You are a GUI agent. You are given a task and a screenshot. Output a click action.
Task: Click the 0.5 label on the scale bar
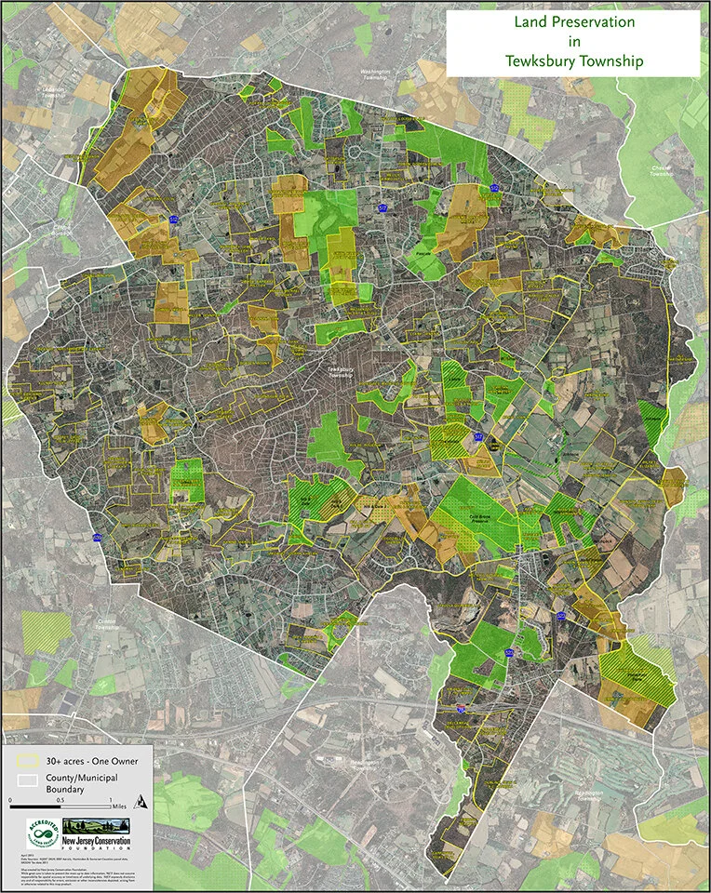point(60,800)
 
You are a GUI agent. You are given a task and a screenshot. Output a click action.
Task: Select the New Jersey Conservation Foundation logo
point(95,829)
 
